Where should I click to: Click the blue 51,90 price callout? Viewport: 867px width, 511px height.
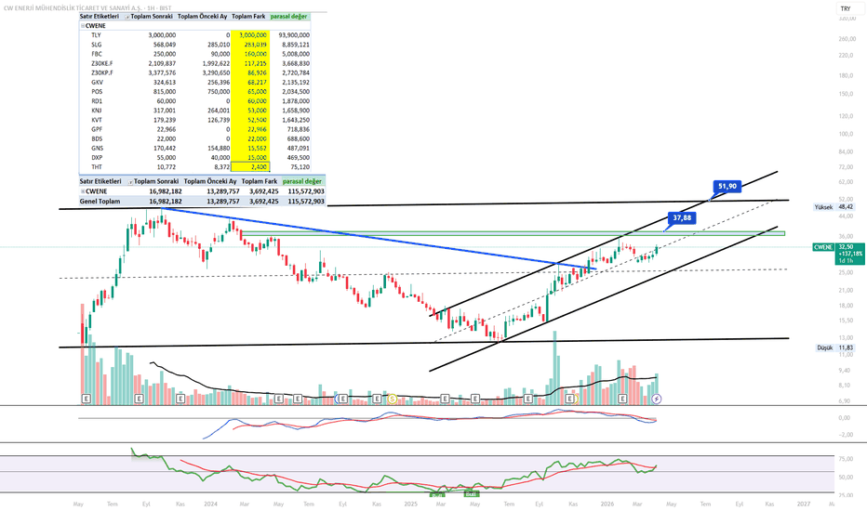coord(727,186)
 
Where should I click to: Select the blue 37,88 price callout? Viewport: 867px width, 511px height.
coord(683,218)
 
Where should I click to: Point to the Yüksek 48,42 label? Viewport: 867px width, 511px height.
coord(833,207)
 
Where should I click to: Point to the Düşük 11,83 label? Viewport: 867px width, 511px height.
coord(833,347)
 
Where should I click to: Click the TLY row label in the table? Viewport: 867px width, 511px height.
coord(97,34)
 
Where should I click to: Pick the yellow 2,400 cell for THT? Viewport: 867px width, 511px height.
coord(256,166)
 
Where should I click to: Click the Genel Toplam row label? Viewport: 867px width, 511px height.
coord(100,201)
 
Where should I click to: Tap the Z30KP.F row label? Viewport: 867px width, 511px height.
coord(102,72)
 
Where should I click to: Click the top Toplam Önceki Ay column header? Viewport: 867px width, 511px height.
coord(207,17)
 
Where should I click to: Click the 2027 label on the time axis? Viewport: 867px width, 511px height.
coord(803,504)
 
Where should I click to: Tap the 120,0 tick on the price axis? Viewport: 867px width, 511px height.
coord(845,116)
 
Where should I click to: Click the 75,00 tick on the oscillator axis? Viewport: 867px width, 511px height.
coord(845,459)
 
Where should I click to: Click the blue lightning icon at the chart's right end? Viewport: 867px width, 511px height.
coord(657,399)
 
